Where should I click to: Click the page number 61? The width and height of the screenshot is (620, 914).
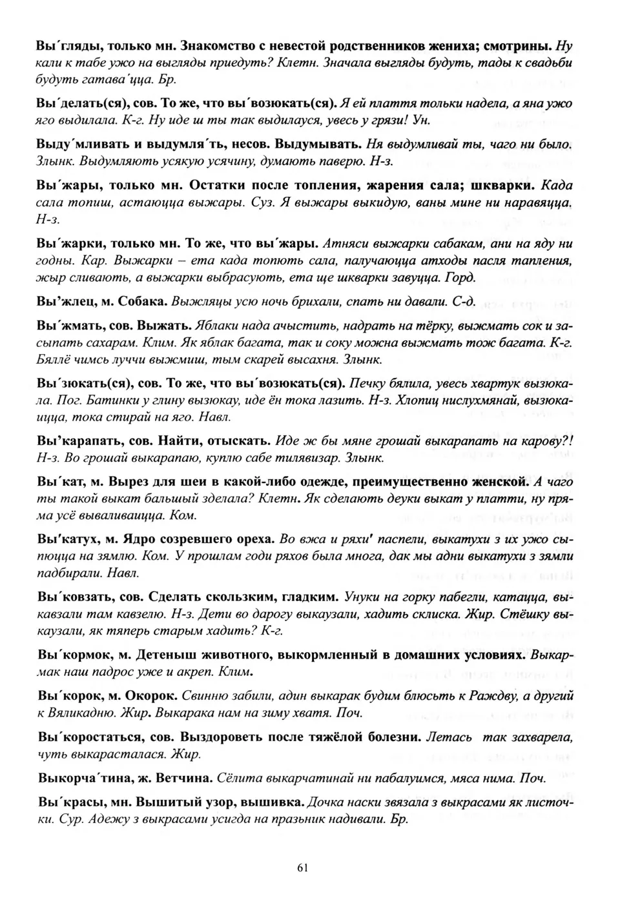pyautogui.click(x=303, y=867)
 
